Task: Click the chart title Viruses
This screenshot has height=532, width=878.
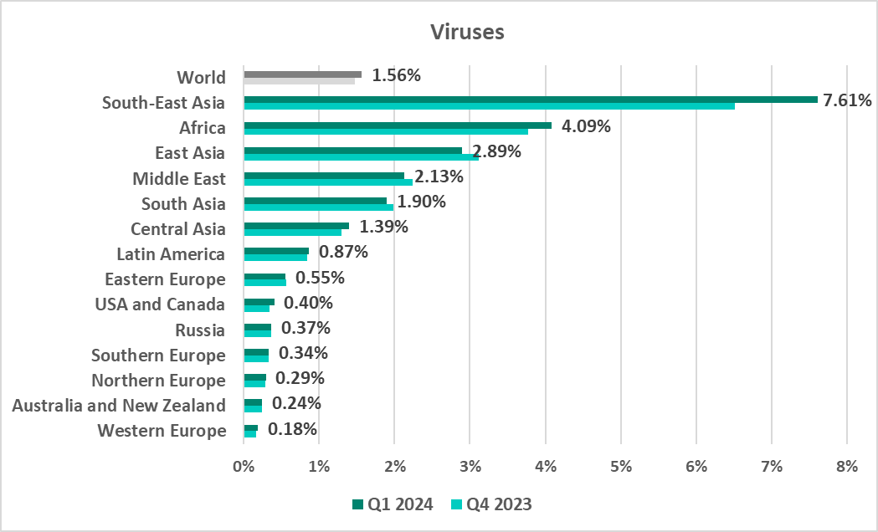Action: pos(466,33)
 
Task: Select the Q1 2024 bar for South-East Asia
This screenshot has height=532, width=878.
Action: pos(530,100)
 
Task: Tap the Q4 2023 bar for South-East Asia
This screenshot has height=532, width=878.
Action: pos(489,106)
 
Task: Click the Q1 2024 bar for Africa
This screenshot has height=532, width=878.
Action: pos(397,125)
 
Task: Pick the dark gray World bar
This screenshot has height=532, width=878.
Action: pos(302,74)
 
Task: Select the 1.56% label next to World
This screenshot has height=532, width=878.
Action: pos(396,75)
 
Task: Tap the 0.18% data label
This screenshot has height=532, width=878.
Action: pos(292,429)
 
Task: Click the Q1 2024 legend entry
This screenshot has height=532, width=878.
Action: pos(393,504)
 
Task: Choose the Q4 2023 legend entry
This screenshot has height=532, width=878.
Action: pos(491,504)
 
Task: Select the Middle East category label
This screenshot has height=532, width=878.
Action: pos(179,179)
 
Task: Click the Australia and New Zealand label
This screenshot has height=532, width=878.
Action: pos(119,406)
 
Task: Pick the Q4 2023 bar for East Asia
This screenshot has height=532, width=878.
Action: pos(360,156)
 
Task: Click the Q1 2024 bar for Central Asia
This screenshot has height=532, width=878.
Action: pos(296,226)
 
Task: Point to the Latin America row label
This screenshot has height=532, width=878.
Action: pos(171,254)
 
